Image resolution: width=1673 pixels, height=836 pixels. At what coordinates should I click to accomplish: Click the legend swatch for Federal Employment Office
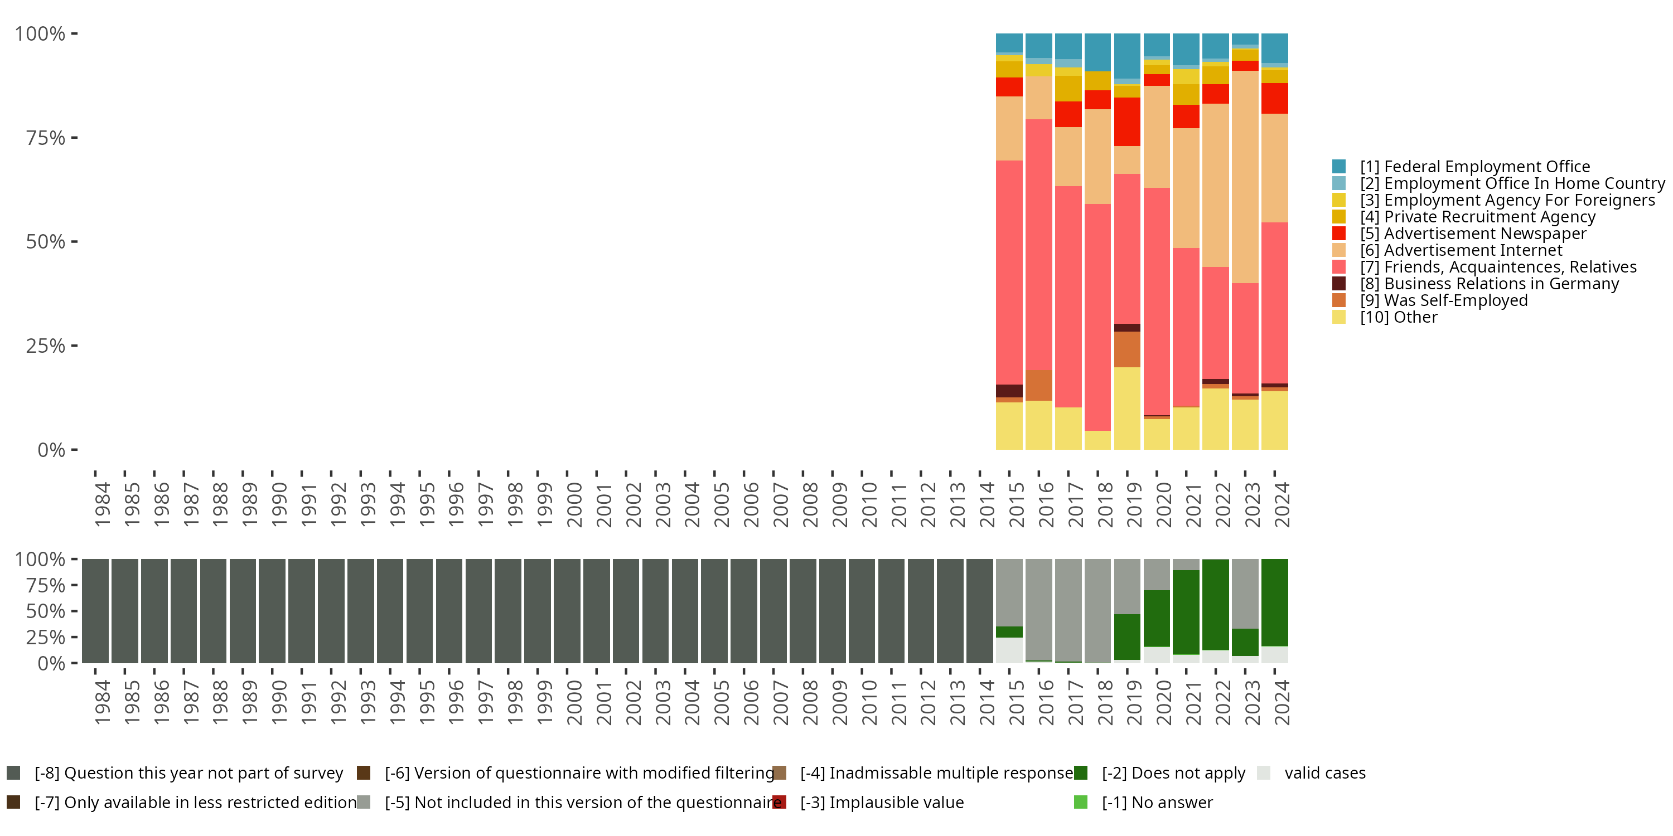point(1338,167)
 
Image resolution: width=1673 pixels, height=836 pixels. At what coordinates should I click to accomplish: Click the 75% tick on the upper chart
point(46,138)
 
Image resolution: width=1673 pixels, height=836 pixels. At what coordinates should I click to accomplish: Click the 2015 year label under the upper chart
point(1016,504)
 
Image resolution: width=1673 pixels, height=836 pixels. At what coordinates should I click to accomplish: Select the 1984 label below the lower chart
point(102,702)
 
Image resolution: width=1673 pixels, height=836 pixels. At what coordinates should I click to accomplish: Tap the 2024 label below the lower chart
point(1282,702)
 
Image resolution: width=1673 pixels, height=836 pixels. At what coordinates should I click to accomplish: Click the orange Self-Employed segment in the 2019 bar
point(1127,349)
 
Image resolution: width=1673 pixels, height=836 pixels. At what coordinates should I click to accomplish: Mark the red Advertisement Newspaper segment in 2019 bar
point(1127,121)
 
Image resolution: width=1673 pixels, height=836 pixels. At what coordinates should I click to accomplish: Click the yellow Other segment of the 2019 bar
point(1127,409)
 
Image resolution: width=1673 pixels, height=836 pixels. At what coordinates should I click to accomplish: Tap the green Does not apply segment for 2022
point(1215,604)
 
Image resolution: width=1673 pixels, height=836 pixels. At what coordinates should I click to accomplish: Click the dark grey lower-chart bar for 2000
point(567,611)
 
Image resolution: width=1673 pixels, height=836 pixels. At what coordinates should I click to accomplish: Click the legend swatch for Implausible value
point(780,802)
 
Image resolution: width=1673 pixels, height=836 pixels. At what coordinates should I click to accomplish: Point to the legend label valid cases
point(1325,773)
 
